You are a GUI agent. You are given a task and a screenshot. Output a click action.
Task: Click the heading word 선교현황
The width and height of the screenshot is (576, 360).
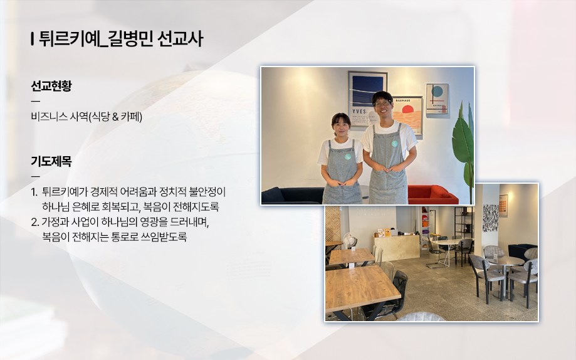[51, 86]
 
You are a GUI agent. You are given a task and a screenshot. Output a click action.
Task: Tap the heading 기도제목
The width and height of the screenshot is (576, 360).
[51, 161]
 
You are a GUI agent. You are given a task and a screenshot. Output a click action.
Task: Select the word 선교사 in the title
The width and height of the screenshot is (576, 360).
[180, 39]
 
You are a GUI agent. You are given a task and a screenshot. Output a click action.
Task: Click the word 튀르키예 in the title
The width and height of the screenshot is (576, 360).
[69, 39]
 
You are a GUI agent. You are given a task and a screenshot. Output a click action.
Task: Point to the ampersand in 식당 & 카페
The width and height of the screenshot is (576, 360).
[115, 117]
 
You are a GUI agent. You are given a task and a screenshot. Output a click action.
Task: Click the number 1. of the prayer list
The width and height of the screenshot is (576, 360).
[34, 192]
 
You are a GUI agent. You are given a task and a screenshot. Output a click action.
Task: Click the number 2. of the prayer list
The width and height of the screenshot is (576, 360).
[35, 222]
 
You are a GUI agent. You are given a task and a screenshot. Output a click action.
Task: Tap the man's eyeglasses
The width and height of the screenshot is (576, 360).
[382, 103]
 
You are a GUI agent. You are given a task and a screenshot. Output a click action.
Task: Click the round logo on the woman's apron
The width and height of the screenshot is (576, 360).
[347, 157]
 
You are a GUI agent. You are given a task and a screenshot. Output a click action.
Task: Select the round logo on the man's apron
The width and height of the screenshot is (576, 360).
[394, 144]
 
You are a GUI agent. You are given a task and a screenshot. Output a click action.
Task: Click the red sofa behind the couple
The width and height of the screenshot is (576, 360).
[432, 194]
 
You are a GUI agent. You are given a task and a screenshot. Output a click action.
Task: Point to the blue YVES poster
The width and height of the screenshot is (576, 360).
[367, 98]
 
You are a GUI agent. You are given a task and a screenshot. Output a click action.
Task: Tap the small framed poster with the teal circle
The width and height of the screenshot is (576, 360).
[437, 98]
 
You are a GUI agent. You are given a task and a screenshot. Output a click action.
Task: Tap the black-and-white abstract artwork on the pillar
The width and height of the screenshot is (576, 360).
[490, 218]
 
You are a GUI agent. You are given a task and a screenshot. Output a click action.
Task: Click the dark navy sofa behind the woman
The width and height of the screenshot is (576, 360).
[293, 196]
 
